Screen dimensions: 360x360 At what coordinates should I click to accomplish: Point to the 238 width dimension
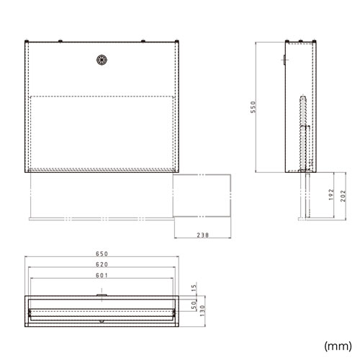(x=202, y=235)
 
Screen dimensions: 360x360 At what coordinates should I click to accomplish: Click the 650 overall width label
(x=102, y=254)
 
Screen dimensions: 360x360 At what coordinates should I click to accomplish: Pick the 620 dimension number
(x=102, y=266)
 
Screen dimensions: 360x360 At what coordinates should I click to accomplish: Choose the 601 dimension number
(x=102, y=276)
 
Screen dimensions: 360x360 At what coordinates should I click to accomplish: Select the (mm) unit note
(x=336, y=344)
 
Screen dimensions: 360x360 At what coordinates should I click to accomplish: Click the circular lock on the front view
(x=102, y=60)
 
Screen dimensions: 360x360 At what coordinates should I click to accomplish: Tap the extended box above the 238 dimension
(x=202, y=194)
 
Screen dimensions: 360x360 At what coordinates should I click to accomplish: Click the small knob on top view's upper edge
(x=102, y=293)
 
